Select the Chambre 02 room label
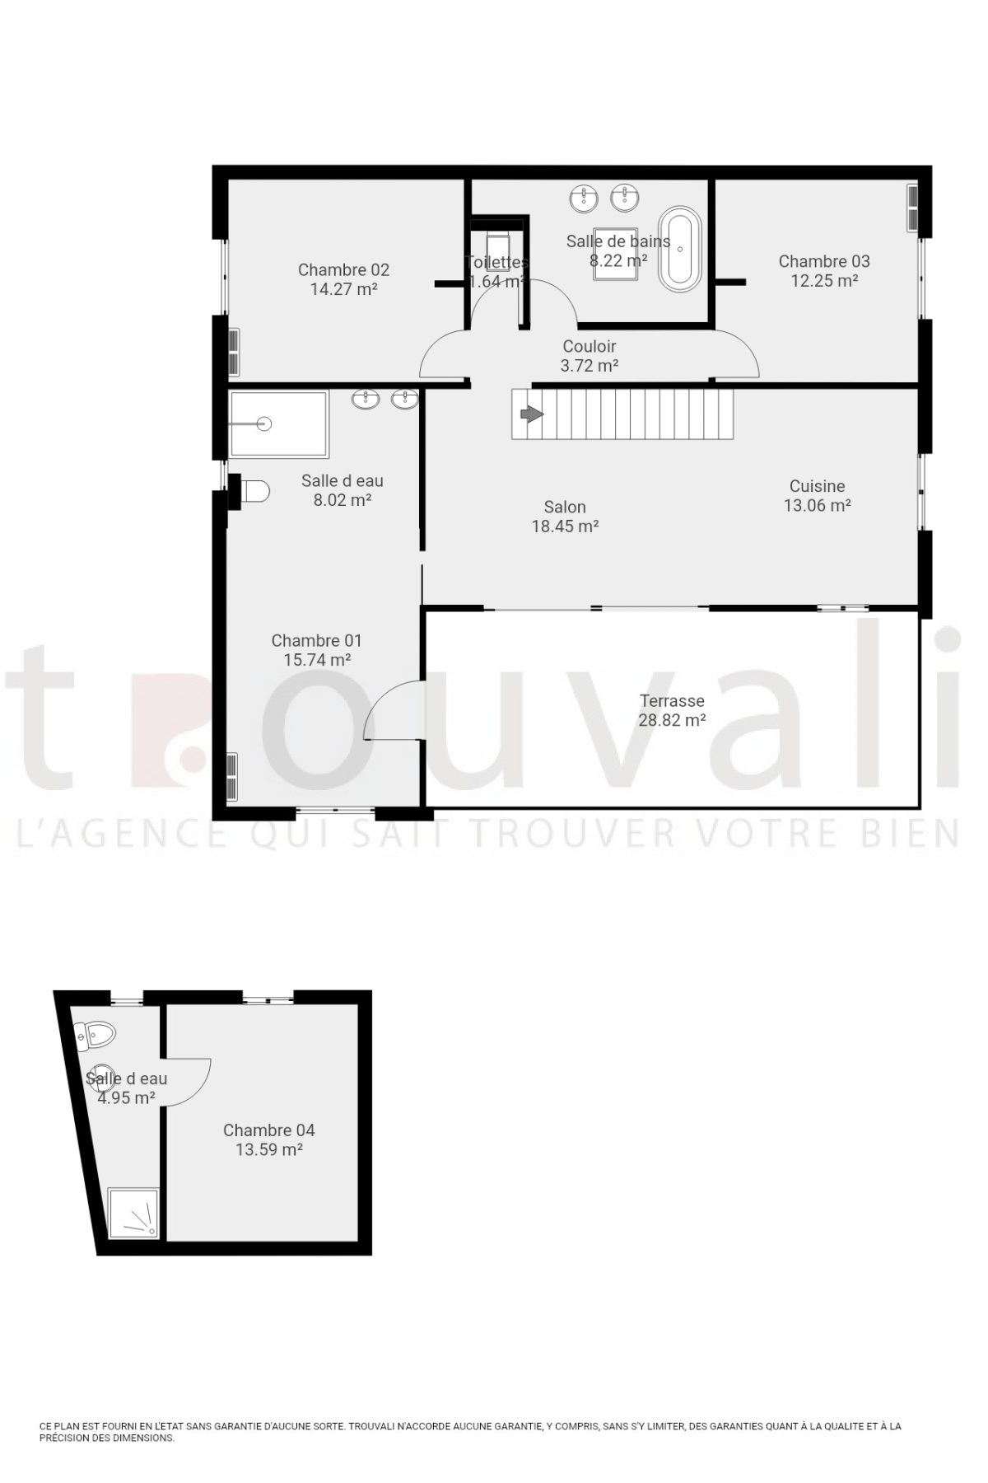(x=343, y=269)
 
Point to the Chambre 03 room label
(x=824, y=261)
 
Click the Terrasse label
(x=672, y=701)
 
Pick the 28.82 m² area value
(x=672, y=720)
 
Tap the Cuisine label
(x=817, y=486)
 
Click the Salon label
(x=565, y=508)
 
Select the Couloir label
(x=590, y=347)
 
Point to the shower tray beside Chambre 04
(x=135, y=1212)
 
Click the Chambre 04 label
(x=269, y=1130)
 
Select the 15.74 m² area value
(x=317, y=660)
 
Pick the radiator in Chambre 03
(x=912, y=208)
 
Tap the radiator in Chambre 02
(x=234, y=352)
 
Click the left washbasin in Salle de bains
(x=585, y=198)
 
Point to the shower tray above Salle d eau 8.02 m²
(x=278, y=424)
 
